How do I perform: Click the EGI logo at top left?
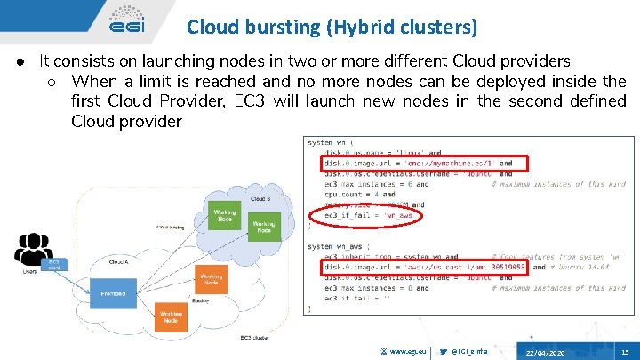[x=128, y=20]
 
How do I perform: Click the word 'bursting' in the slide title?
[x=271, y=28]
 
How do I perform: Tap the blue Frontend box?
[x=113, y=292]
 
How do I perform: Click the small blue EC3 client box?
[x=54, y=264]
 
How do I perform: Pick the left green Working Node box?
[x=224, y=216]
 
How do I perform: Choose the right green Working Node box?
[x=264, y=227]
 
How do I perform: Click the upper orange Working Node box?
[x=211, y=279]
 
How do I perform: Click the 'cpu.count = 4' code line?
[x=354, y=194]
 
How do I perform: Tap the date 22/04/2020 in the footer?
[x=545, y=353]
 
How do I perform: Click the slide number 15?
[x=625, y=353]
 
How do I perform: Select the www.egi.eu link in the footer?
[x=410, y=353]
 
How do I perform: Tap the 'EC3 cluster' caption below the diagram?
[x=257, y=338]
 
